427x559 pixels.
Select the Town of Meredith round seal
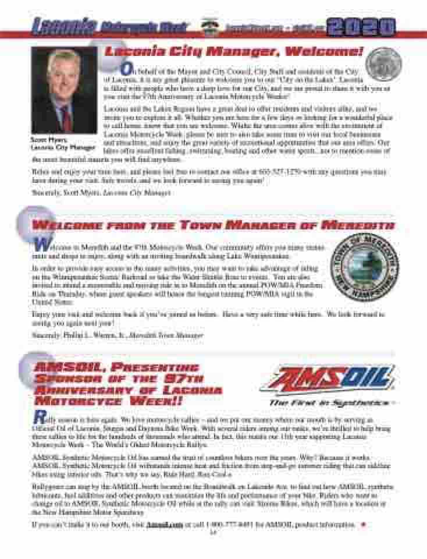pyautogui.click(x=364, y=267)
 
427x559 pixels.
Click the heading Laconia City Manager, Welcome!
pyautogui.click(x=234, y=52)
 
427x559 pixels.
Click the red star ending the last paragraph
pyautogui.click(x=364, y=524)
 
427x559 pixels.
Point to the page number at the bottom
pyautogui.click(x=213, y=532)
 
